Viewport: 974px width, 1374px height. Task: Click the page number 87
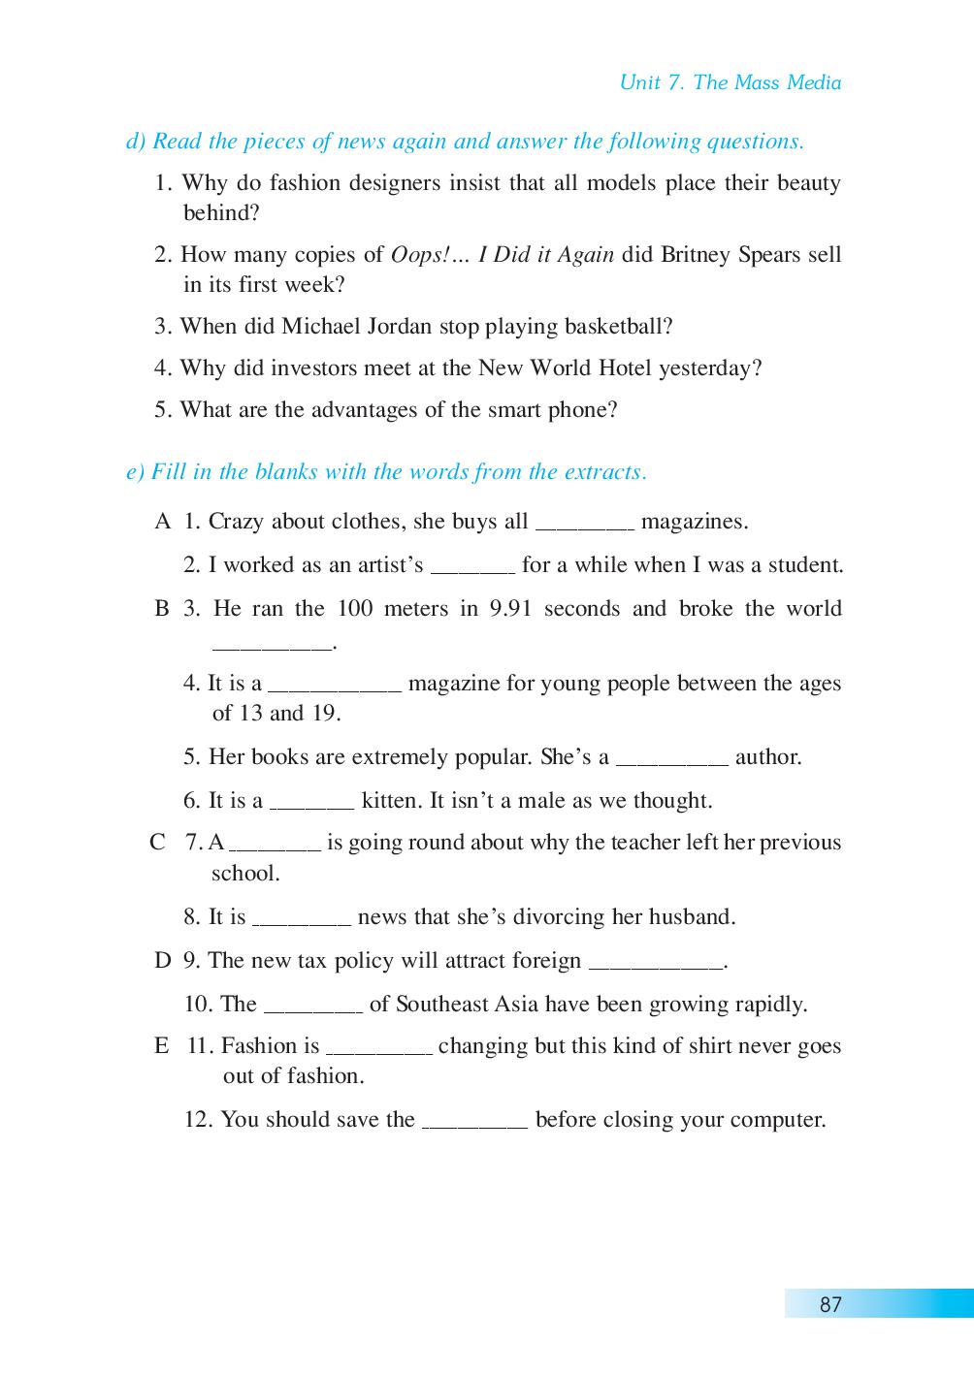[x=830, y=1304]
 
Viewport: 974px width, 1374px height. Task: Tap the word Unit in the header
[x=639, y=82]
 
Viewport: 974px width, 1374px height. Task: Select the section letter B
[x=162, y=609]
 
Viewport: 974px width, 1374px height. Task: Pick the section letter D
[x=162, y=961]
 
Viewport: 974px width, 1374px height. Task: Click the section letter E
[x=161, y=1046]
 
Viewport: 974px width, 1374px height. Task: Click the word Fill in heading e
[x=169, y=472]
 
